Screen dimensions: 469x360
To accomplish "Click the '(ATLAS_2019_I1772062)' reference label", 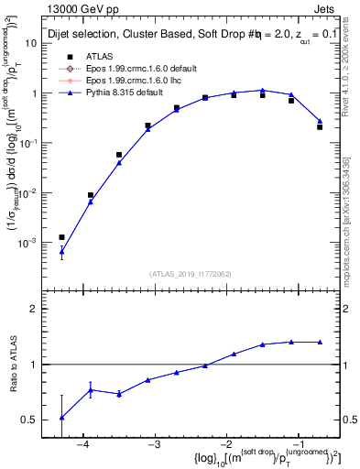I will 191,273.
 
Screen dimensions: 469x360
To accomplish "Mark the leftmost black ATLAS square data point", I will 61,237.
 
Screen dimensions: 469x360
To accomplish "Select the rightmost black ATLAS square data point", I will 320,126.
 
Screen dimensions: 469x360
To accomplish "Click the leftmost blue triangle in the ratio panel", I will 61,418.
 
